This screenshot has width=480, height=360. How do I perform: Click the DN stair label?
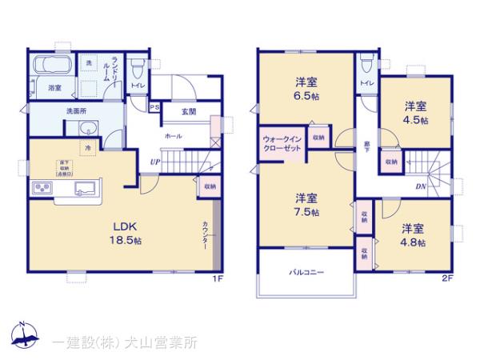click(421, 186)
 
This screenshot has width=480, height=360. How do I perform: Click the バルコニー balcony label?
click(306, 273)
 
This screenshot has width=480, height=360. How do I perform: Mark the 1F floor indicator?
click(216, 278)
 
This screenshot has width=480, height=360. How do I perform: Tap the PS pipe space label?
click(154, 106)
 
